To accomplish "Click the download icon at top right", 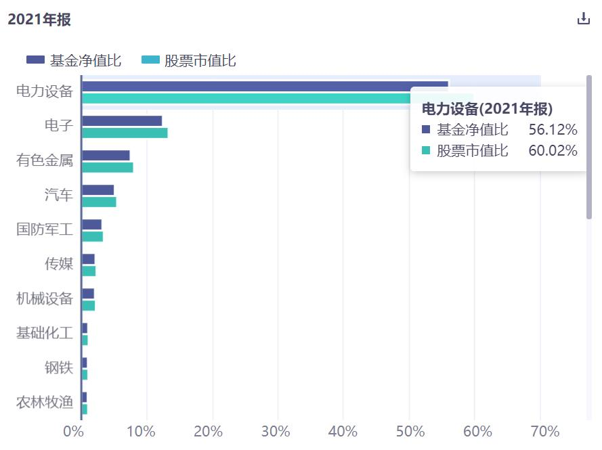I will tap(583, 19).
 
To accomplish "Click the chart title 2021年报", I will tap(39, 20).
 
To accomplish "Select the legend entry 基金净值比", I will tap(74, 60).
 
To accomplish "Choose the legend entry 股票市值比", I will tap(189, 60).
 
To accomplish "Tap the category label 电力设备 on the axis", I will tap(44, 92).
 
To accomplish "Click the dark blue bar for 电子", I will tap(122, 121).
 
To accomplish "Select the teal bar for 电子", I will tap(125, 133).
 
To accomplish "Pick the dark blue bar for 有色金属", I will tap(106, 156).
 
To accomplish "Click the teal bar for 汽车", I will tap(99, 202).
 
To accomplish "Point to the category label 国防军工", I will tap(44, 229).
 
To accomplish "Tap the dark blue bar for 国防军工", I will tap(91, 225).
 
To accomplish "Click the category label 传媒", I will tap(58, 264).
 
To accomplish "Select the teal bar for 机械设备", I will tap(88, 305).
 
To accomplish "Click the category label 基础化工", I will tap(44, 333).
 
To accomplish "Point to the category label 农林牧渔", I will tap(44, 403).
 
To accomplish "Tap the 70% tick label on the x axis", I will tap(540, 432).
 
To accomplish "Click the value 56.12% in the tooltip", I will tap(553, 129).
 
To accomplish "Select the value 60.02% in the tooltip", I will tap(553, 150).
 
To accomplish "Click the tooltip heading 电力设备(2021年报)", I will tap(487, 108).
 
